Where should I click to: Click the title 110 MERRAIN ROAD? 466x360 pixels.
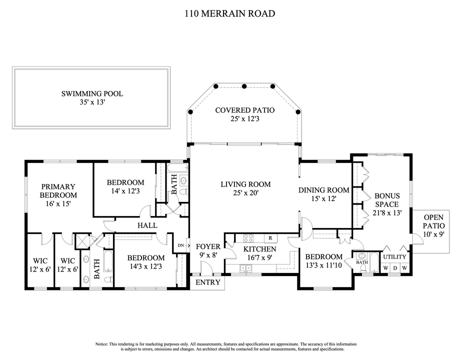tap(229, 13)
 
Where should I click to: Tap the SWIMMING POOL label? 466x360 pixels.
tap(92, 93)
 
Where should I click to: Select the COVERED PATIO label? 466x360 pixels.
tap(244, 110)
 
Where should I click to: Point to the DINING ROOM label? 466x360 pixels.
tap(324, 190)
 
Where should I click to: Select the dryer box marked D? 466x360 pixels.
tap(395, 267)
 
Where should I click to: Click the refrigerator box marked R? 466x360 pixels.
tap(270, 238)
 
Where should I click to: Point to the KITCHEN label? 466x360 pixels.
tap(259, 249)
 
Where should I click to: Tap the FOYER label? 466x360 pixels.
tap(207, 246)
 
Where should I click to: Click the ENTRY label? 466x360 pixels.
tap(207, 282)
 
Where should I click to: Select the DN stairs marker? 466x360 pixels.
tap(181, 245)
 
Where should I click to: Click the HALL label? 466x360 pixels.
tap(147, 225)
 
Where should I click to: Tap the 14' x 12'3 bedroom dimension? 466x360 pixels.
tap(125, 191)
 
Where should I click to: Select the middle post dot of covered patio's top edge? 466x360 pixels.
tap(244, 86)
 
